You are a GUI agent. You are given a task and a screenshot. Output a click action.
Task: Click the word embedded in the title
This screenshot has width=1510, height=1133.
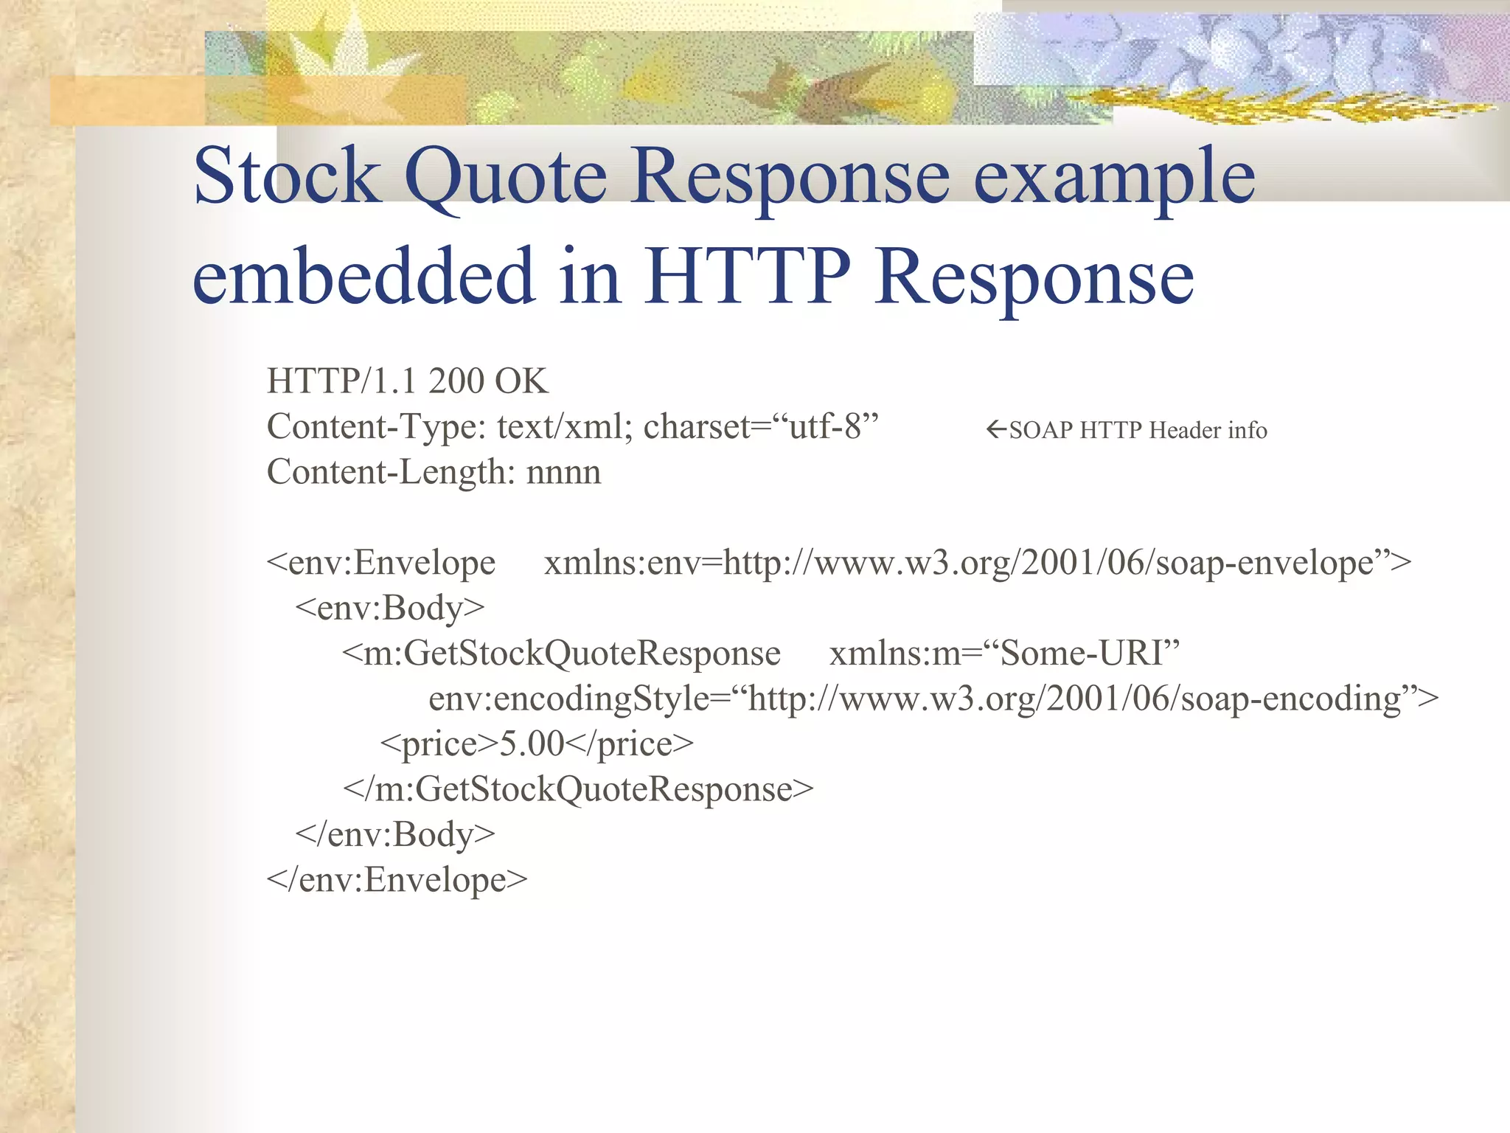coord(363,276)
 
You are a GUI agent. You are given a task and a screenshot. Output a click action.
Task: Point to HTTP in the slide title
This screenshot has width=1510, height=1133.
coord(748,276)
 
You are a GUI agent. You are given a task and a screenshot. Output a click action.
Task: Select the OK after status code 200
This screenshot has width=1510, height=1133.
coord(521,381)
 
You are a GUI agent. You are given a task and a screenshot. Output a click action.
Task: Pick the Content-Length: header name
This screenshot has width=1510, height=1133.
coord(391,472)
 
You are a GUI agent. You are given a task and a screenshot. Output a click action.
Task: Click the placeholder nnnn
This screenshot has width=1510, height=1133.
coord(563,473)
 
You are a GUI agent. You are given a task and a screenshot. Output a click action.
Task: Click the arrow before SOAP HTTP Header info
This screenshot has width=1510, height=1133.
coord(996,429)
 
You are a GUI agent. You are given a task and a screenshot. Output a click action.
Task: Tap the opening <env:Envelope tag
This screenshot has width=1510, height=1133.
coord(381,563)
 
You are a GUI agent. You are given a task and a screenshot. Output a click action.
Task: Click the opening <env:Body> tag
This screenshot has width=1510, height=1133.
coord(390,609)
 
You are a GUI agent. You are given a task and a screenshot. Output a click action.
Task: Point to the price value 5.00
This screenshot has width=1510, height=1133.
coord(532,744)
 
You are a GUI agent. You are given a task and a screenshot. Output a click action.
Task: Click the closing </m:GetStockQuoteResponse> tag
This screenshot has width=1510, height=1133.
coord(578,789)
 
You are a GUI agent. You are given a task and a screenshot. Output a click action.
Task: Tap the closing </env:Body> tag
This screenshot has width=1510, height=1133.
coord(395,835)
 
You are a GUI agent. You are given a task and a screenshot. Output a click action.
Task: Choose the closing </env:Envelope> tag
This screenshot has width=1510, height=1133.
coord(397,880)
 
